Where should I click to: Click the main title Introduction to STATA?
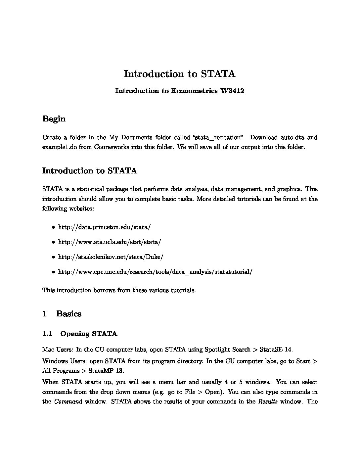180,74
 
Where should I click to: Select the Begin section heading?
54,119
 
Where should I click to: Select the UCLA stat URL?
110,242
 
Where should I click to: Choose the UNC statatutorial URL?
155,272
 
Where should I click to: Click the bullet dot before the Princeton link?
53,227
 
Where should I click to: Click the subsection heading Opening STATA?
89,334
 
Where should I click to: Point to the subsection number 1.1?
47,334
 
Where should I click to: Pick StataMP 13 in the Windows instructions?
106,371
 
